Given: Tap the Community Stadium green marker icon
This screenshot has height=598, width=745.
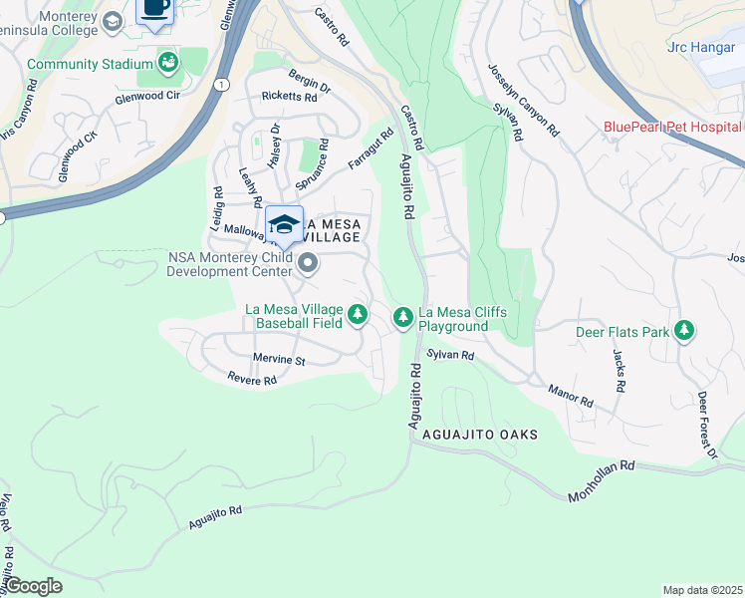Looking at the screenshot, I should [168, 64].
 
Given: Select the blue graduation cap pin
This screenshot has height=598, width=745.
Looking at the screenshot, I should [284, 225].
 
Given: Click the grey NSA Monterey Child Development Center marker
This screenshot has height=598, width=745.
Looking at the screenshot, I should [308, 263].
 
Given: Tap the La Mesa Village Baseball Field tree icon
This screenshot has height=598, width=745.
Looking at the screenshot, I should [358, 316].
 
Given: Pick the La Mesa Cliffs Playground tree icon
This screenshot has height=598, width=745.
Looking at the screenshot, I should [402, 317].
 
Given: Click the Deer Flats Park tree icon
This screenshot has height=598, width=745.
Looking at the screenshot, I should [683, 330].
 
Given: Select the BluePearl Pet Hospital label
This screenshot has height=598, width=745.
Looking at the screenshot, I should [673, 127].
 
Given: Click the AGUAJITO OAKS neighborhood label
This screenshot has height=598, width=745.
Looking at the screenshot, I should [480, 435].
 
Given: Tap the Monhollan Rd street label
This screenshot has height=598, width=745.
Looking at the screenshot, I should [601, 480].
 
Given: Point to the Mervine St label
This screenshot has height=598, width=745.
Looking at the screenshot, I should [278, 360].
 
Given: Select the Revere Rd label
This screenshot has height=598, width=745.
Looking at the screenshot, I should [251, 380].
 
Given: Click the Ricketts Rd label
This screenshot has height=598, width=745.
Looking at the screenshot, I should [289, 97].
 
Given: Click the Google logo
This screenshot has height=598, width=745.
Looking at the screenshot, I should [34, 585].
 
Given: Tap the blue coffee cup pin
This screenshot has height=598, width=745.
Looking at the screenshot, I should [154, 9].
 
